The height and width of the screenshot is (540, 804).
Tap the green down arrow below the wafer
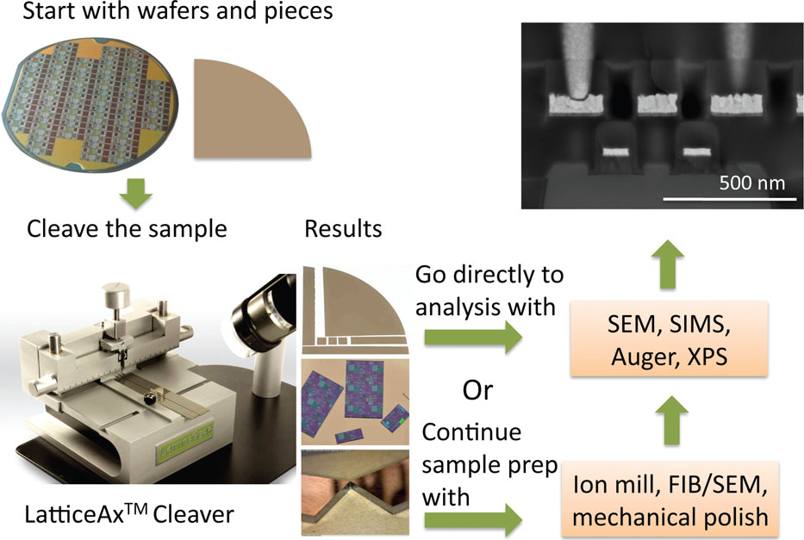(136, 193)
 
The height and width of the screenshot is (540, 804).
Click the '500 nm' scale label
(751, 183)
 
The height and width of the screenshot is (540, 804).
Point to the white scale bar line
(730, 199)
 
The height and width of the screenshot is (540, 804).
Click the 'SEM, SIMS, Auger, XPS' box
(669, 339)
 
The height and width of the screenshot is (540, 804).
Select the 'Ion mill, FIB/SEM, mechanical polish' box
(670, 499)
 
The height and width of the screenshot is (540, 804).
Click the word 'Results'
(343, 229)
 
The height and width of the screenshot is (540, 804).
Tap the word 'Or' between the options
(477, 390)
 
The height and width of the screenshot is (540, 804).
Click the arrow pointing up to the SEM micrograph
(668, 264)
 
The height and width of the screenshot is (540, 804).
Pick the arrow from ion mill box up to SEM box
(672, 420)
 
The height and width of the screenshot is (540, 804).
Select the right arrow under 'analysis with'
(473, 338)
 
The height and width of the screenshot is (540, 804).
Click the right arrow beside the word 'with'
(473, 520)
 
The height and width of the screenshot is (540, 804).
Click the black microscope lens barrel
(262, 307)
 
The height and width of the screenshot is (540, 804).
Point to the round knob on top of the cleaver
(115, 294)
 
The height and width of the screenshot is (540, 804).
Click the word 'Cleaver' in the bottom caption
(193, 514)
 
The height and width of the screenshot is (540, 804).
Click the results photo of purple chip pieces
(355, 402)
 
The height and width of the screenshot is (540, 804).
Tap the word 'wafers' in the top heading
(161, 10)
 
